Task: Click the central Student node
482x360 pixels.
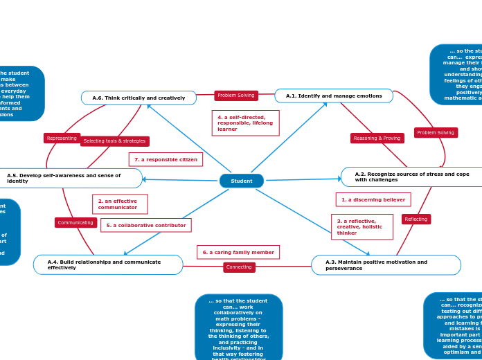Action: (x=242, y=181)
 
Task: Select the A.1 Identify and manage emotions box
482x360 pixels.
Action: (x=334, y=96)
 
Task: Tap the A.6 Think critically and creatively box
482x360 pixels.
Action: (x=139, y=98)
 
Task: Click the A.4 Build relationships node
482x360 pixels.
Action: (x=108, y=264)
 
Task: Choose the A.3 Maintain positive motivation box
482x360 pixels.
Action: (x=386, y=265)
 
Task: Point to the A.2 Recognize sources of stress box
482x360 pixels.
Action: (x=411, y=177)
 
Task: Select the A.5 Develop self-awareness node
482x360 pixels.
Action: (x=69, y=179)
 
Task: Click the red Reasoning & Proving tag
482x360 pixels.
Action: (x=377, y=138)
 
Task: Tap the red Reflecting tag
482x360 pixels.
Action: (x=416, y=219)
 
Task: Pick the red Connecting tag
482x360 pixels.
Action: (x=239, y=267)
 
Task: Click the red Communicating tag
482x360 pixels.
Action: (x=75, y=222)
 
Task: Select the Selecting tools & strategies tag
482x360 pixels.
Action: (x=114, y=141)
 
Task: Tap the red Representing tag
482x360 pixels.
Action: (x=62, y=138)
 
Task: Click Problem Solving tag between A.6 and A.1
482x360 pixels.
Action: (x=236, y=96)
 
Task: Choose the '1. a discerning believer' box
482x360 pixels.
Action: (x=373, y=199)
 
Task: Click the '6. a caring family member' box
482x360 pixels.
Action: (x=238, y=252)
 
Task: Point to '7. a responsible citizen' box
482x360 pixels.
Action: (x=166, y=159)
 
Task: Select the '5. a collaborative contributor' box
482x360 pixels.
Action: (x=145, y=225)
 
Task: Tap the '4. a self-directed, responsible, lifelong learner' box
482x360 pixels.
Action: (x=245, y=123)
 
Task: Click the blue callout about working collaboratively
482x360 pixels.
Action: (x=238, y=327)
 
